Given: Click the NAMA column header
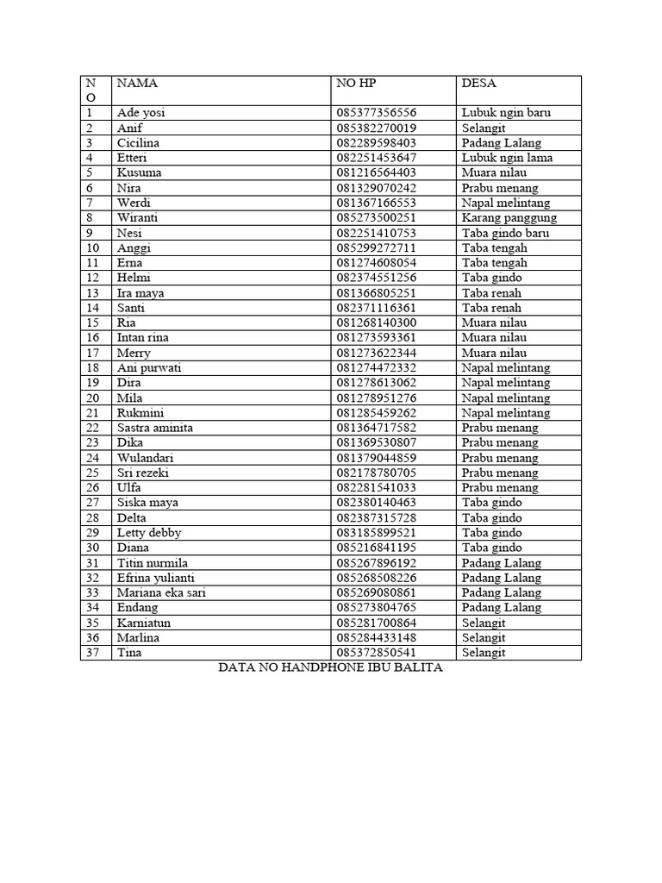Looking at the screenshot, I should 138,84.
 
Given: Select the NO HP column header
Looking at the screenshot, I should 357,84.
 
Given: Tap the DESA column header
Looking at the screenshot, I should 478,84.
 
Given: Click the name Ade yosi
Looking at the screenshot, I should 142,113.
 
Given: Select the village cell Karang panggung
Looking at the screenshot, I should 509,217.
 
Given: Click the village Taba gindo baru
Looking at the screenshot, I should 505,233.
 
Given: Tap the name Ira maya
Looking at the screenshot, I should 141,293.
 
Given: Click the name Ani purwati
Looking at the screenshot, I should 149,367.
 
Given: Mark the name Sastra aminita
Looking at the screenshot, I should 155,428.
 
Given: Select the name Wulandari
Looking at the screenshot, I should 146,458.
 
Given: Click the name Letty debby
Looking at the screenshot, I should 149,533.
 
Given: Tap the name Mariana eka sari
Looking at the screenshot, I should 161,592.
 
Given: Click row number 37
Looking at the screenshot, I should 93,653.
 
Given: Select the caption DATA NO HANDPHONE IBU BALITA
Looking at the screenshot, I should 330,668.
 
